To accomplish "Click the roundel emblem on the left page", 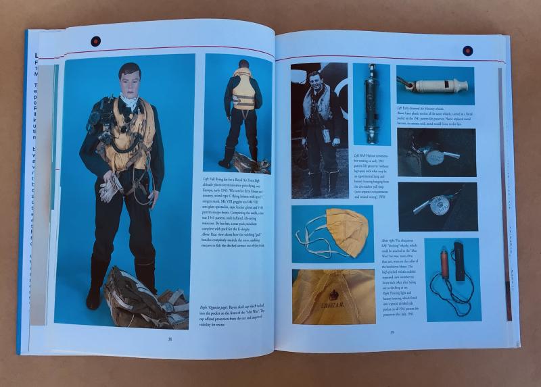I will coord(95,41).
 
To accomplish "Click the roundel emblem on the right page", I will coord(467,51).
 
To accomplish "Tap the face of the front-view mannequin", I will coord(128,81).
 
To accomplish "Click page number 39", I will coord(391,332).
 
